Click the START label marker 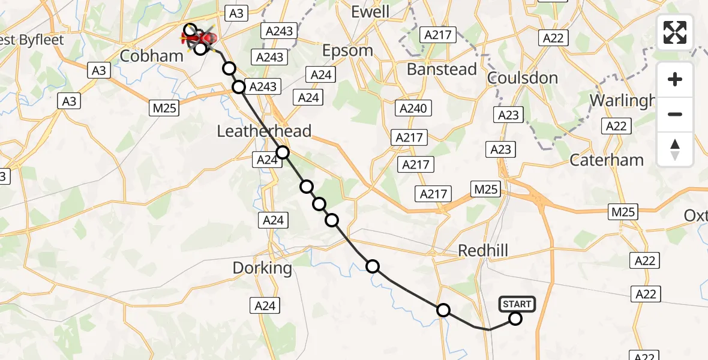point(517,304)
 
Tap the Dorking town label point(262,268)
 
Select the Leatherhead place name point(264,131)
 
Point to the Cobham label point(151,56)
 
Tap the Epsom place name point(347,51)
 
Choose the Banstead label point(442,69)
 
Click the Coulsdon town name point(523,78)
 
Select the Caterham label point(607,160)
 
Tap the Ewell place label point(370,12)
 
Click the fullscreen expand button point(675,32)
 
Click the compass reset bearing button point(675,149)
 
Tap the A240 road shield point(413,109)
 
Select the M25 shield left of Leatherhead point(164,107)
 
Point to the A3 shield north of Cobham point(236,13)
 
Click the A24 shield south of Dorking point(265,306)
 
